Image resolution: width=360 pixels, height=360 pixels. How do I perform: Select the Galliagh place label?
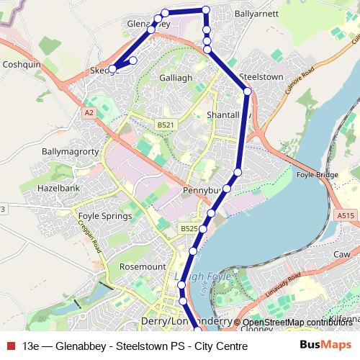(x=176, y=76)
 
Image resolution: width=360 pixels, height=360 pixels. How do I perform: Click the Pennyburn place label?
(x=203, y=192)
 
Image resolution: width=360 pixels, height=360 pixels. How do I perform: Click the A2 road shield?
(x=89, y=113)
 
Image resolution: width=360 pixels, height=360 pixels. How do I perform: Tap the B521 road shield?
(x=166, y=125)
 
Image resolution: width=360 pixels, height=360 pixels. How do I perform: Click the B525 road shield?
(x=189, y=228)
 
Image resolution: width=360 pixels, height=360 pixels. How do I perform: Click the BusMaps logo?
(x=325, y=346)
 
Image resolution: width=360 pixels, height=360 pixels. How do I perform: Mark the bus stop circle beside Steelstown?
(x=247, y=91)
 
